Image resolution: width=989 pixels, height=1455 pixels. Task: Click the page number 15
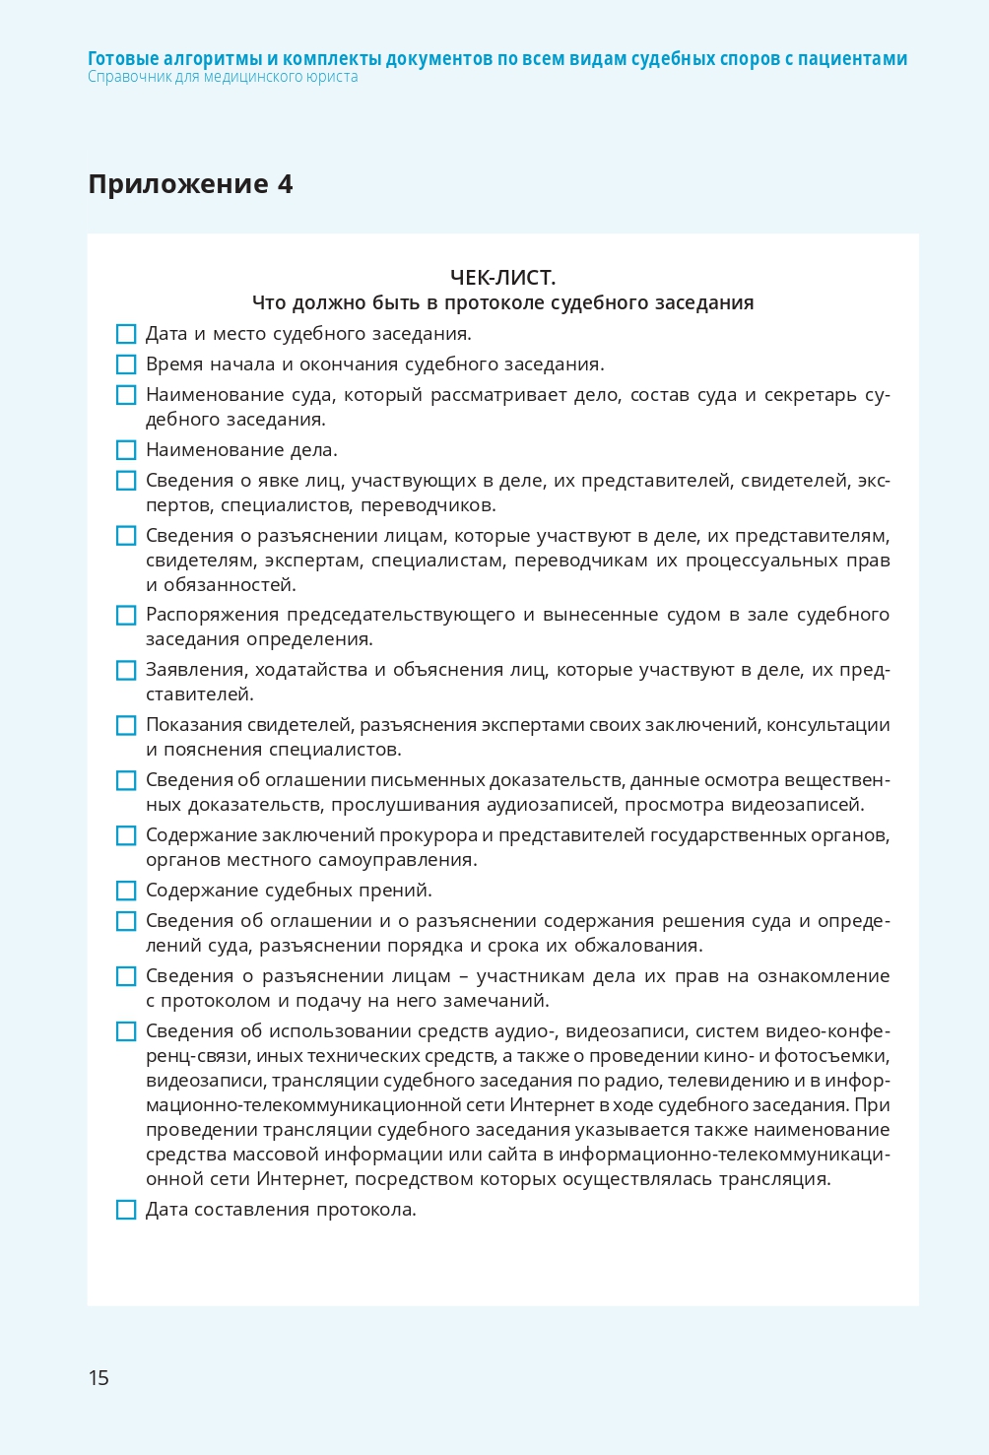coord(99,1377)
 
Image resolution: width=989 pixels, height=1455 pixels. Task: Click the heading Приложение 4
coord(190,184)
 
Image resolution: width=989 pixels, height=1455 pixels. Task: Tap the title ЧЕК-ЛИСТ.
coord(502,278)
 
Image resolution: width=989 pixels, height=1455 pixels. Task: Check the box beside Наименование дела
coord(126,450)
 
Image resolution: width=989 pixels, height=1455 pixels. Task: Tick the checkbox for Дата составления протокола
coord(126,1210)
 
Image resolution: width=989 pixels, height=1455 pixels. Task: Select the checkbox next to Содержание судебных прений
coord(126,891)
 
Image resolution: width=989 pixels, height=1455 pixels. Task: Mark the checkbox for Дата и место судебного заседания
coord(126,334)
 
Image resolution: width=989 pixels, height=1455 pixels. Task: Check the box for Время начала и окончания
coord(126,364)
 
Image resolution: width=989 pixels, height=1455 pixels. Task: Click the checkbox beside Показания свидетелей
coord(126,725)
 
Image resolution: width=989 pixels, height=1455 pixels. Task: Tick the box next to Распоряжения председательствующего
coord(126,615)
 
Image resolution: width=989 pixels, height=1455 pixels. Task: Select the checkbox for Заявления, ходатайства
coord(126,670)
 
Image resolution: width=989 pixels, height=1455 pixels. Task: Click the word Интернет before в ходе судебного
coord(552,1105)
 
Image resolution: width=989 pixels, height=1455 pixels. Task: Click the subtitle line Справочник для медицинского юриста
coord(223,77)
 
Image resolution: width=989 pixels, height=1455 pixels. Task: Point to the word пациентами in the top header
coord(852,58)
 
